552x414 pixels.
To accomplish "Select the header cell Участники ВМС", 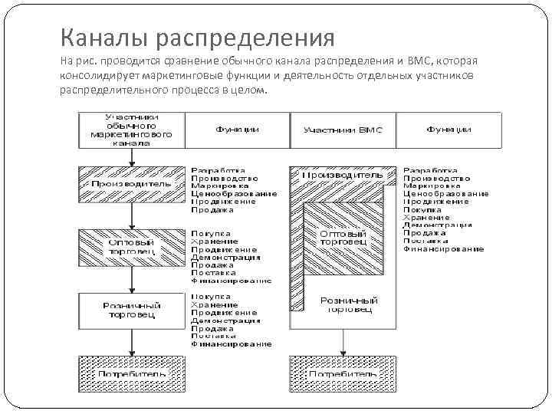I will pos(342,130).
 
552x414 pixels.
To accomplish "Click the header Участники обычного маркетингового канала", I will pos(132,129).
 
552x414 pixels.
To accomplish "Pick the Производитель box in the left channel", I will pos(132,184).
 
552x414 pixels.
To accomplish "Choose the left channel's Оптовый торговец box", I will pos(132,245).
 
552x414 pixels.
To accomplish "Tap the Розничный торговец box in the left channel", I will pos(132,310).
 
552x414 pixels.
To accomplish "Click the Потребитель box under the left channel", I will pos(132,373).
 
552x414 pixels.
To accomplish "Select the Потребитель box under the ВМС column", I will pos(342,373).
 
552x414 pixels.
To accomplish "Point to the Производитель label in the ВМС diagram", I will pos(342,175).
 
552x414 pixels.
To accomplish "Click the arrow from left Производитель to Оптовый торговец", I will pos(132,215).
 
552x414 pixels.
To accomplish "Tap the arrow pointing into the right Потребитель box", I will pos(342,344).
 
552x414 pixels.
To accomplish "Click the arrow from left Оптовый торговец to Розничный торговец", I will pos(132,278).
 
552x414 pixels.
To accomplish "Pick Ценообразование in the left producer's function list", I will pos(234,194).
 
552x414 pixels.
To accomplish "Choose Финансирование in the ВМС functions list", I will pos(443,249).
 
